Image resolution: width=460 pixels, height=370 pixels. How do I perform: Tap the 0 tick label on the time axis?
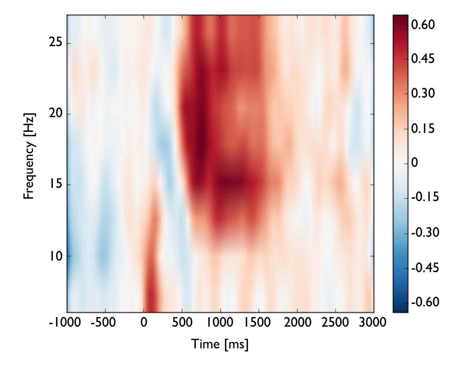click(x=144, y=322)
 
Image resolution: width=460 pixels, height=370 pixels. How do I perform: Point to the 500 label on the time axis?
click(x=182, y=322)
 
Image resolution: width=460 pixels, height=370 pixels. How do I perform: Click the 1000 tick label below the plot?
click(x=220, y=322)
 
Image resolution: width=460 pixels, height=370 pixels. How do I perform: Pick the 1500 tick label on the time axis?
click(x=258, y=322)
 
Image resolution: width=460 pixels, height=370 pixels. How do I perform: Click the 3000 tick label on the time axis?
click(x=373, y=322)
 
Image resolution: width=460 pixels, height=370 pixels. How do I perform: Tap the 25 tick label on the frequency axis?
click(x=54, y=43)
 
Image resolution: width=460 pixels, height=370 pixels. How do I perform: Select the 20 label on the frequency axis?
click(x=54, y=114)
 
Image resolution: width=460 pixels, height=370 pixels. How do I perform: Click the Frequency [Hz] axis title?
click(x=30, y=156)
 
